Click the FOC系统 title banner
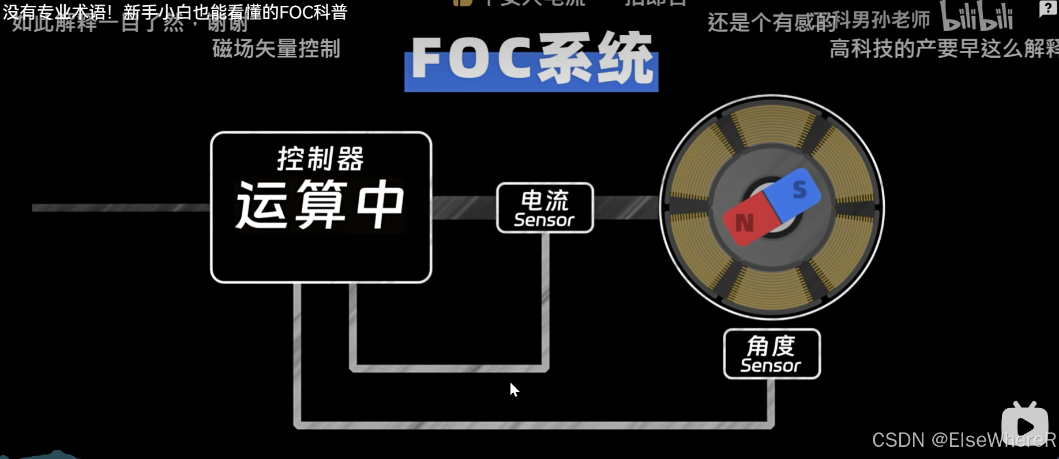coord(531,60)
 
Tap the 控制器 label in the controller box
coord(320,159)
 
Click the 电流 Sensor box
coord(544,208)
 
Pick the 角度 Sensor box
coord(771,354)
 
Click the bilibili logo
coord(977,16)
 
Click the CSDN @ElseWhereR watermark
coord(963,441)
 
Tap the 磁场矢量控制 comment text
coord(276,48)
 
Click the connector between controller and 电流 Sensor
coord(464,208)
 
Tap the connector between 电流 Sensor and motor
coord(626,208)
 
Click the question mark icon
coord(1047,9)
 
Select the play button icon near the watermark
coord(1025,425)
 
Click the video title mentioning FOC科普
coord(175,12)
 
